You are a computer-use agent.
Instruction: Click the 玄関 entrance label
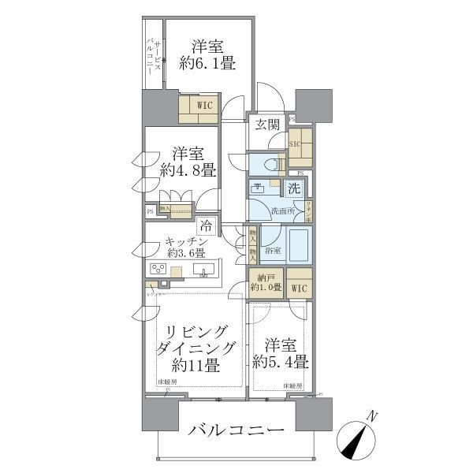(267, 124)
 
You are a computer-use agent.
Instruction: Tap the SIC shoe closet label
(295, 144)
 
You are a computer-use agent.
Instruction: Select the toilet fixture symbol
(273, 165)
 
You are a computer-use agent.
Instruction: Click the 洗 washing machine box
(293, 189)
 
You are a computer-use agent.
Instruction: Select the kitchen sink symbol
(203, 273)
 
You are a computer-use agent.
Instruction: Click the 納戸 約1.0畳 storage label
(266, 283)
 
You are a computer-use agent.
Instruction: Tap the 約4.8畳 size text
(188, 168)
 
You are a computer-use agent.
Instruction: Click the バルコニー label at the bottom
(236, 431)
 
